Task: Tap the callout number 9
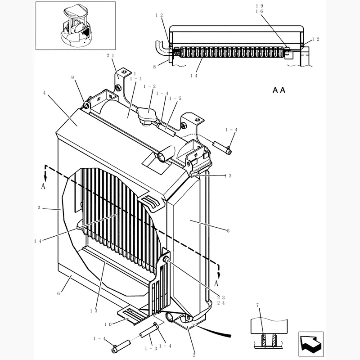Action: (x=72, y=77)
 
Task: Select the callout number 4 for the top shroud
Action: (x=45, y=93)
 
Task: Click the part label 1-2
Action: (x=149, y=86)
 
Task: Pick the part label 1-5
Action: (x=175, y=98)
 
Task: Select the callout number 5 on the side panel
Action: (x=228, y=231)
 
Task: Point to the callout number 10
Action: (x=108, y=324)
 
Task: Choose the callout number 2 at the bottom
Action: (x=194, y=355)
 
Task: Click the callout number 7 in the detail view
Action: (x=258, y=306)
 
